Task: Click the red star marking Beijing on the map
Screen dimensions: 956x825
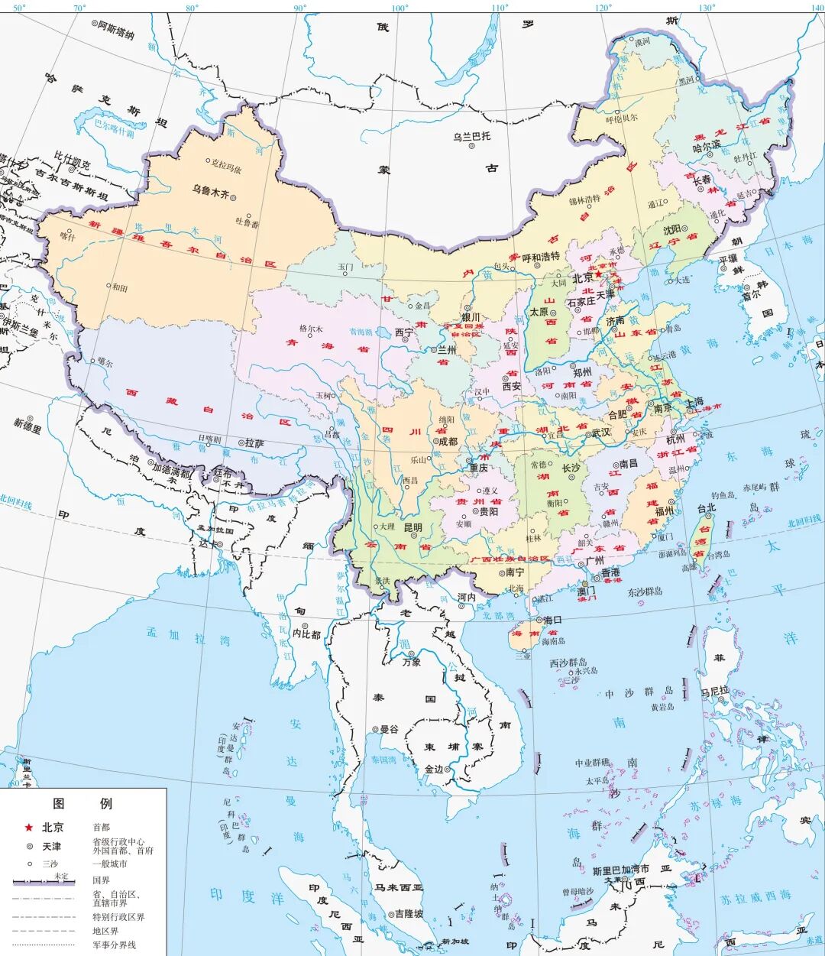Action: tap(599, 275)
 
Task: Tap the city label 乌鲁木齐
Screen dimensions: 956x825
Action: tap(210, 189)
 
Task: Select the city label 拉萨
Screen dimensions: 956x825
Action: tap(254, 443)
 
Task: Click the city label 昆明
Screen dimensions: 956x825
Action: tap(412, 528)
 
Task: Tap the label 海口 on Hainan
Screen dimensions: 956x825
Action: tap(552, 620)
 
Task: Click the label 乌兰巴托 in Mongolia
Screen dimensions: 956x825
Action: tap(471, 137)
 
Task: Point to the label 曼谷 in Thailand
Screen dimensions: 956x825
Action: tap(389, 729)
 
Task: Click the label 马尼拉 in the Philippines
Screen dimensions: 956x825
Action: tap(715, 693)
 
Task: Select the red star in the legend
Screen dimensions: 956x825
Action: tap(29, 828)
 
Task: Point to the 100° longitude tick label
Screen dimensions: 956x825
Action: tap(400, 8)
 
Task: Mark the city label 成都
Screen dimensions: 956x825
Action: tap(446, 441)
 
